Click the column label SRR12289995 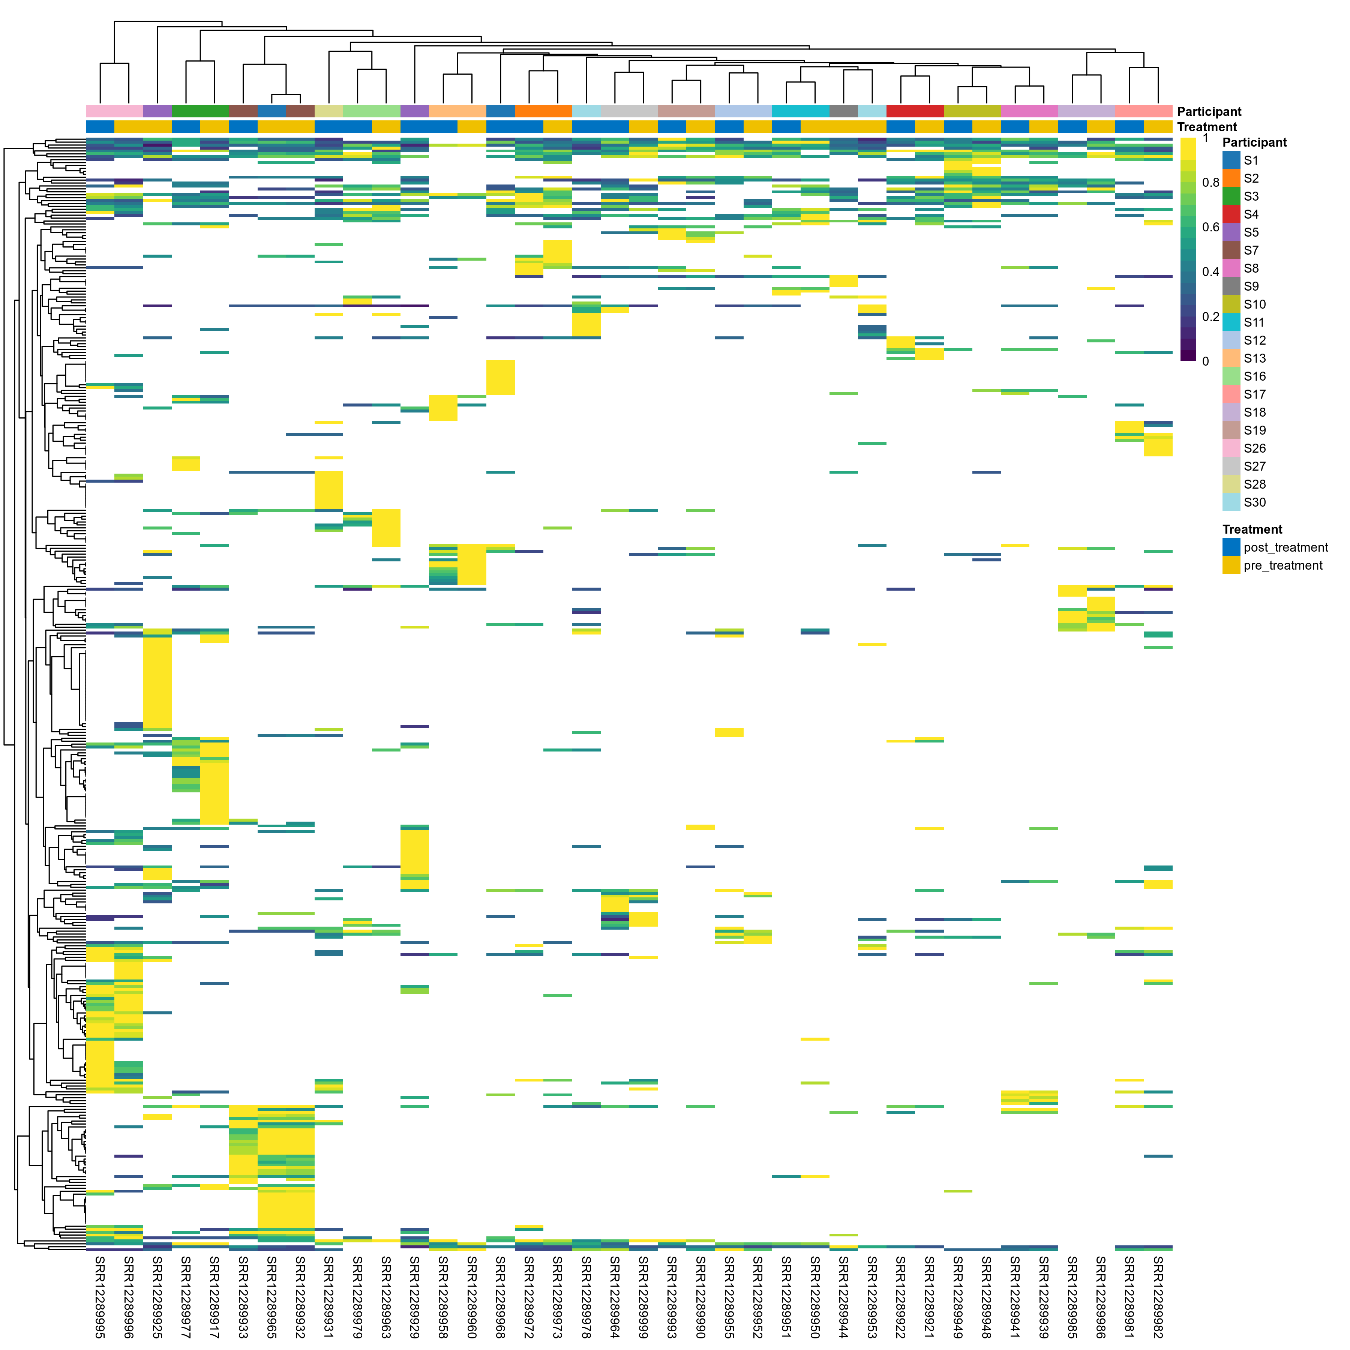coord(100,1296)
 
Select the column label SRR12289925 coord(157,1296)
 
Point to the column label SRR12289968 coord(500,1296)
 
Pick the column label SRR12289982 coord(1158,1296)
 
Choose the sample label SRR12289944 coord(843,1296)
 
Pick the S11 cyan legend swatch coord(1231,322)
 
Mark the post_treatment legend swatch coord(1231,547)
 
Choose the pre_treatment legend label coord(1283,565)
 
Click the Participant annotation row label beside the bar coord(1209,112)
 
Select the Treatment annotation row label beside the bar coord(1207,127)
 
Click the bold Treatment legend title coord(1252,529)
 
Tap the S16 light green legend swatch coord(1231,376)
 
